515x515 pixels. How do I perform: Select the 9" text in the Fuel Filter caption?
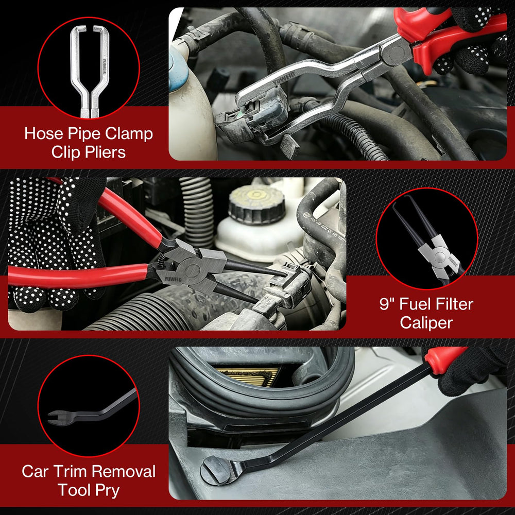pos(387,304)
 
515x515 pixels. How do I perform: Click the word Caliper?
pos(426,322)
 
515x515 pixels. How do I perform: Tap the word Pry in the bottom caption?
pos(108,491)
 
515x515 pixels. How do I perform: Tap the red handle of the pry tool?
pos(444,359)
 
